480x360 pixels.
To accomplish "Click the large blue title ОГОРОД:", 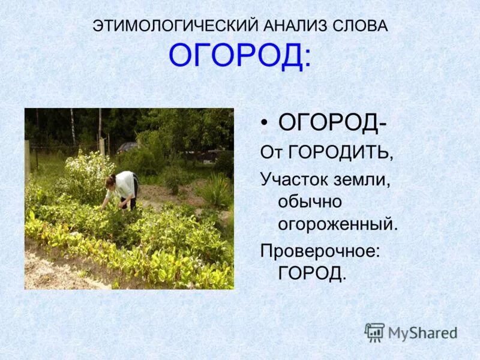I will pos(240,56).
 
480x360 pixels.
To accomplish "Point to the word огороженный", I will pos(338,224).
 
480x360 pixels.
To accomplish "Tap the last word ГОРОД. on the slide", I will pos(313,274).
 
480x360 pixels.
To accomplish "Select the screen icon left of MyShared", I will pos(374,332).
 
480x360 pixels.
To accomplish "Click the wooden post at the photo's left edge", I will pos(28,158).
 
